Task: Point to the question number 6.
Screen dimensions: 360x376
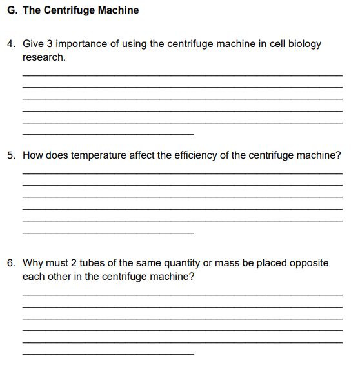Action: pos(12,263)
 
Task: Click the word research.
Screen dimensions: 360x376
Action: pos(43,57)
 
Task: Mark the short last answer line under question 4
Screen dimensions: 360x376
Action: pos(108,134)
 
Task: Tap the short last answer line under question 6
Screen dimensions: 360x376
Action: pos(108,354)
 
